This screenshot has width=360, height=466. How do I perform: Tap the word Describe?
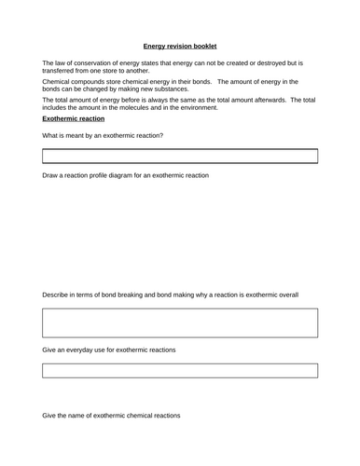(59, 295)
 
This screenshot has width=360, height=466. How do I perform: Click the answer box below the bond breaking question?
(179, 322)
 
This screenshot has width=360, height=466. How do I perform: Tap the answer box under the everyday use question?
(179, 370)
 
